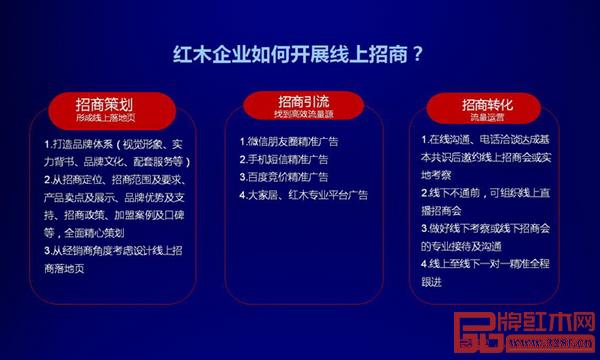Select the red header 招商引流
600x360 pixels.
[x=298, y=100]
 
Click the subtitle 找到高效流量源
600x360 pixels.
[x=298, y=115]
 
